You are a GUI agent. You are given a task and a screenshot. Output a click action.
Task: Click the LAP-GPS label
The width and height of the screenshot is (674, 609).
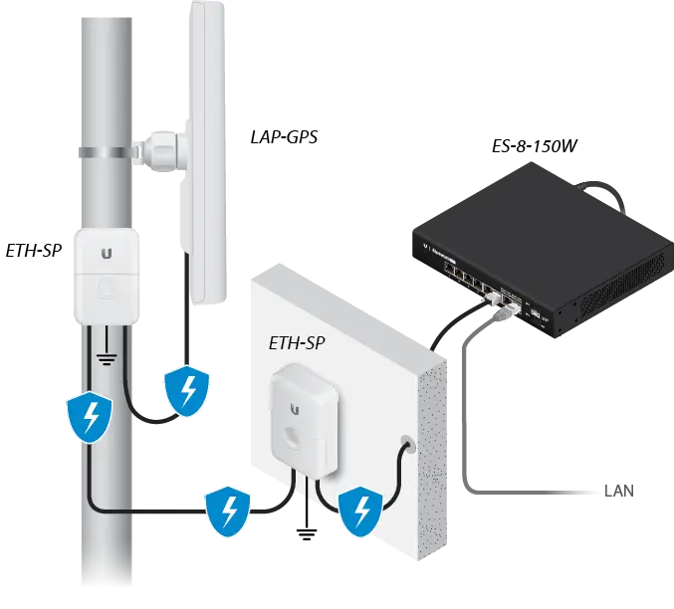284,137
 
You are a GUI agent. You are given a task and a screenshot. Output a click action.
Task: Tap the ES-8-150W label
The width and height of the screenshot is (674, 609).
534,146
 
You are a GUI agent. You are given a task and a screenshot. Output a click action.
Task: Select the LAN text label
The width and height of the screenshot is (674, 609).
619,491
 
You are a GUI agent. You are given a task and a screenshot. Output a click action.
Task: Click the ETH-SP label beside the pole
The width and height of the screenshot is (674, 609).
34,250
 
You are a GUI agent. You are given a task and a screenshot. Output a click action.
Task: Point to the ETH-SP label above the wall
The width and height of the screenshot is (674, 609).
297,343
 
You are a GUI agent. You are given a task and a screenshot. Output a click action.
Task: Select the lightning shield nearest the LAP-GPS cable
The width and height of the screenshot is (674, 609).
187,391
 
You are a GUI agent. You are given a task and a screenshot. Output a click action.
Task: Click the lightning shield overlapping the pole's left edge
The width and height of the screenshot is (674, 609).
90,417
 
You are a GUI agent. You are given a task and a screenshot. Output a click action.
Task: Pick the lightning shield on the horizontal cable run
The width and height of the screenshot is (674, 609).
228,511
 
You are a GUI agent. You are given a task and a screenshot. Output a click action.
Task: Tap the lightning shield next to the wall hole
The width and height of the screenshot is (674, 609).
360,511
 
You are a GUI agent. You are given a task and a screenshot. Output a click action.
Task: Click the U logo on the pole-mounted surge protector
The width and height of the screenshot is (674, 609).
107,253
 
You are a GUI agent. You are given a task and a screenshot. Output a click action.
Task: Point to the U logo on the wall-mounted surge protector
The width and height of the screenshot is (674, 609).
295,409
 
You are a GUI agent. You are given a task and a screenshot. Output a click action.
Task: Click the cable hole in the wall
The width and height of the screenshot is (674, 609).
407,445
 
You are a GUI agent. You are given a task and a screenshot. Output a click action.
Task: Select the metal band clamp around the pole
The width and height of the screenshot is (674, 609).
108,152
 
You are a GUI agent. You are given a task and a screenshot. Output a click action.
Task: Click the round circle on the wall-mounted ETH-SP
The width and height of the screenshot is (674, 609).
293,437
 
